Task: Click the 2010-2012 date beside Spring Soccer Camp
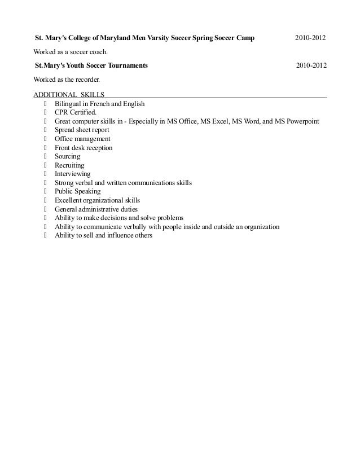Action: [310, 38]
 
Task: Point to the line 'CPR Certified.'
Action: [76, 113]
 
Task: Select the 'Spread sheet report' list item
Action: [82, 130]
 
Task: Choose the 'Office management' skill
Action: [82, 139]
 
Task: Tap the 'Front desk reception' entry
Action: [84, 148]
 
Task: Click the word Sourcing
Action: [68, 156]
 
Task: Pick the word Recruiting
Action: [69, 165]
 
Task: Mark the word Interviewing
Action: [72, 174]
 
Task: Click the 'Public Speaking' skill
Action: [77, 192]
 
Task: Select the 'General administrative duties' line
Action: [96, 209]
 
